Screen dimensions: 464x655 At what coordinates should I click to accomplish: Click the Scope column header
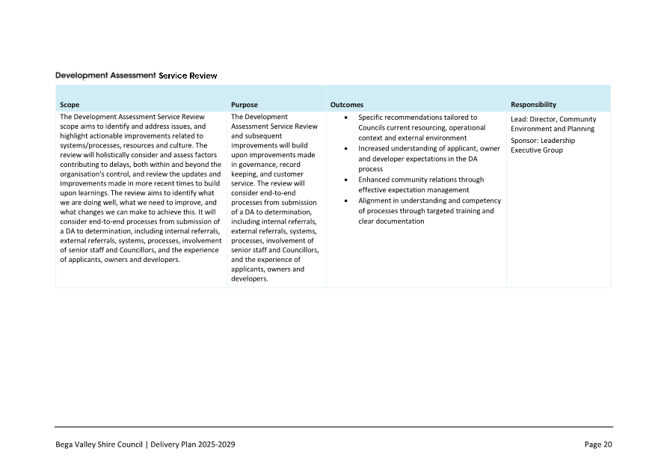70,105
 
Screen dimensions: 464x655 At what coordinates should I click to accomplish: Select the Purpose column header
245,105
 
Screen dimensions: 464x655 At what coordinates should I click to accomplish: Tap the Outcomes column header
347,105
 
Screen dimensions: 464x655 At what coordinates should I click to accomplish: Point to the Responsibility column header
533,105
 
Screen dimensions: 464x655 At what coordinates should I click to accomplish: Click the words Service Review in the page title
188,76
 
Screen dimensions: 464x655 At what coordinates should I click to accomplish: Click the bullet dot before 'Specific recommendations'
345,117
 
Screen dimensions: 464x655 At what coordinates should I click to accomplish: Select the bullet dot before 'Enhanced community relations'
345,180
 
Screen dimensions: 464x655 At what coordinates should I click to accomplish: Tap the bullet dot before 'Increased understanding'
345,149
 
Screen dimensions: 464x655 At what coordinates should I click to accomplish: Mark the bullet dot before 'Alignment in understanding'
345,201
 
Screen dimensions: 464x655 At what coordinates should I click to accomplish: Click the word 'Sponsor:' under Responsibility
525,141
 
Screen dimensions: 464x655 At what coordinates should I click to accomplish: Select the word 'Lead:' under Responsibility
520,119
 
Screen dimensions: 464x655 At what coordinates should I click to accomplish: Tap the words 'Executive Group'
536,150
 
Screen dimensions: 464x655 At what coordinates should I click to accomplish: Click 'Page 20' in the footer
598,445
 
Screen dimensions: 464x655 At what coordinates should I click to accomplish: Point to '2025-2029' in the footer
218,445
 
